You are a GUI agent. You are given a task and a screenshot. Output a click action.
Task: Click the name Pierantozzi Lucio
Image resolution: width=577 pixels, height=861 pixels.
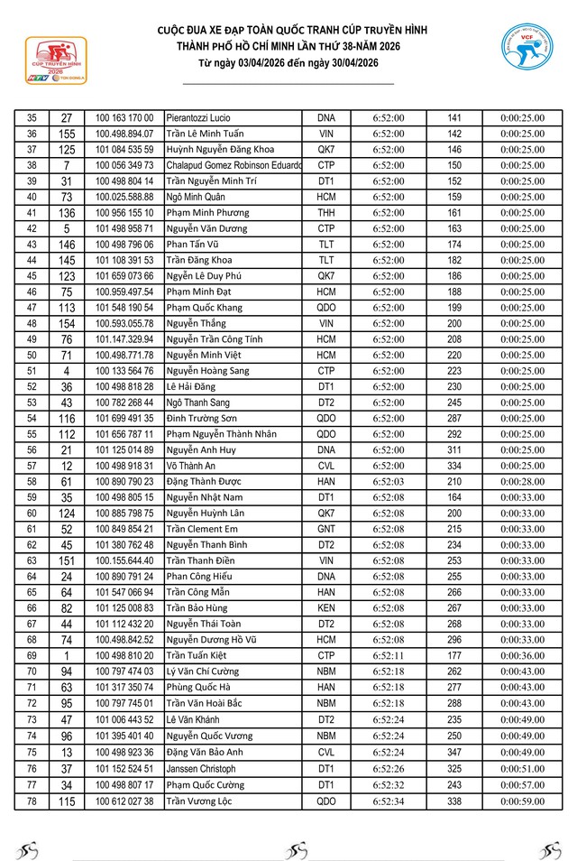click(198, 118)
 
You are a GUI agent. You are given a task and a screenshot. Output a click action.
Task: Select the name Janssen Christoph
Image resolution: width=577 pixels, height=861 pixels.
click(202, 769)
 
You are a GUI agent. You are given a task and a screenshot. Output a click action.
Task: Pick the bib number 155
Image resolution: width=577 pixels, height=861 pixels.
click(67, 134)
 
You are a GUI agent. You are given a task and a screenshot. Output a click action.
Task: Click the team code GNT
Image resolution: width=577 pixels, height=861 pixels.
click(326, 529)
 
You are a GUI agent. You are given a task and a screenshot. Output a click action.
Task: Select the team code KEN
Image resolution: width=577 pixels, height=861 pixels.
click(326, 608)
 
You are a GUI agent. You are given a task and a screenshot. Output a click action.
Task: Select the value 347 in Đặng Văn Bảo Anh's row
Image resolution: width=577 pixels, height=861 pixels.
click(454, 753)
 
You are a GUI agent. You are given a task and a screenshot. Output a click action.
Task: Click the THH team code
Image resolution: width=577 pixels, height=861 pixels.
click(326, 213)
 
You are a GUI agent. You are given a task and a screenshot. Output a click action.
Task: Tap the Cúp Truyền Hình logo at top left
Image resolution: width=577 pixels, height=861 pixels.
click(55, 60)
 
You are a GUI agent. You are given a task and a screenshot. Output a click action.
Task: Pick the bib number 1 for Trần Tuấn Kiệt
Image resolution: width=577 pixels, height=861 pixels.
click(67, 655)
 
